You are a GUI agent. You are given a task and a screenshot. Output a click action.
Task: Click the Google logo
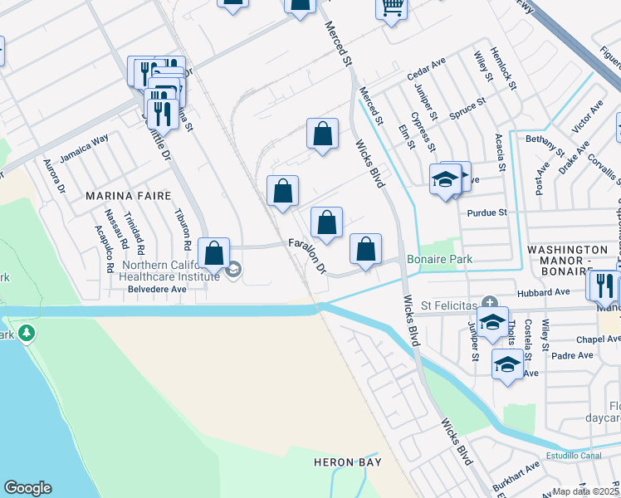[27, 488]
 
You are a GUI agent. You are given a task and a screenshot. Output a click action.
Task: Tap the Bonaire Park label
[439, 260]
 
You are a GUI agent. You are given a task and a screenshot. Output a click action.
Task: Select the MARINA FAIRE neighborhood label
[129, 196]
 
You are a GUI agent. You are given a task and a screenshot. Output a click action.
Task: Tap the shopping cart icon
[392, 8]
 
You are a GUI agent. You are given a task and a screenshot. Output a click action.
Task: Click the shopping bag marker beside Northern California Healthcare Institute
[214, 253]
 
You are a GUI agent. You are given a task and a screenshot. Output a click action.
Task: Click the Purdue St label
[487, 213]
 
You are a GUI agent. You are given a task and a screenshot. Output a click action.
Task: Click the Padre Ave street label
[573, 355]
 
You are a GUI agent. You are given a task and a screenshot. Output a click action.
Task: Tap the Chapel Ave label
[599, 339]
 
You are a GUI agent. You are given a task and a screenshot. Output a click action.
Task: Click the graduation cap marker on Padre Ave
[507, 363]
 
